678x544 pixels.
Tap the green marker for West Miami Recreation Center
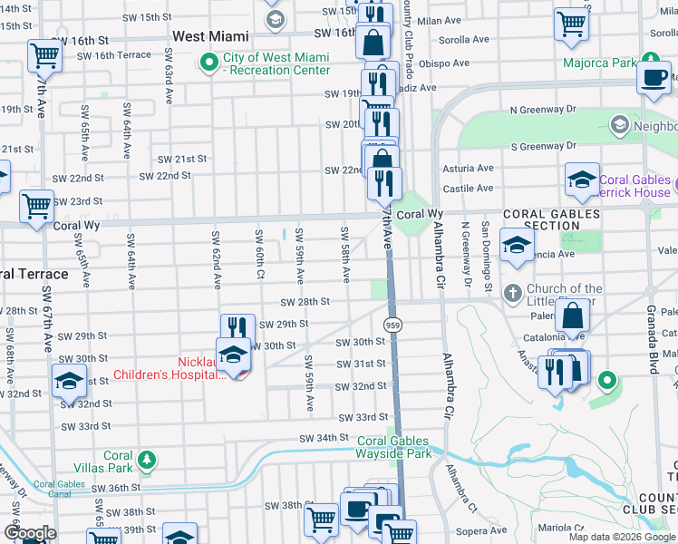point(209,63)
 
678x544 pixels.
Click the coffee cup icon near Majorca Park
point(654,78)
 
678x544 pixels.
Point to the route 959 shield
point(392,325)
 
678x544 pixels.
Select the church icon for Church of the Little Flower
point(512,293)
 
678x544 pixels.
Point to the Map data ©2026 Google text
point(622,537)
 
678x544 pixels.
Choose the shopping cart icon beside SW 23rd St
point(36,206)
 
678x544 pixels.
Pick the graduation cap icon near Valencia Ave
point(518,246)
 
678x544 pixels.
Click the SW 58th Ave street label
point(346,248)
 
